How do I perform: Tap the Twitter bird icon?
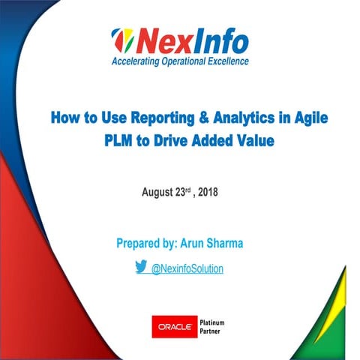(140, 266)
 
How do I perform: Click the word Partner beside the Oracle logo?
(210, 332)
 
